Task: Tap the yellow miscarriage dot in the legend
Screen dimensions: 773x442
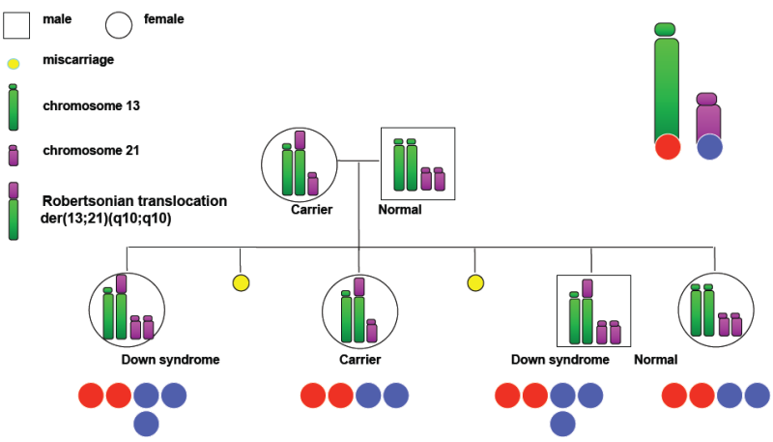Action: (14, 64)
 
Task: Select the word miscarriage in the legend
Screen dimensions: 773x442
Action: (78, 60)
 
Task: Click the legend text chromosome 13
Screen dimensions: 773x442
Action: (91, 105)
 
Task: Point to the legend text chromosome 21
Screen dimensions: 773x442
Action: (91, 150)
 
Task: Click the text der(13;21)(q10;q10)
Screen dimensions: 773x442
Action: (106, 218)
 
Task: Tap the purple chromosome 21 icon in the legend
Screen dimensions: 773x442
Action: (14, 156)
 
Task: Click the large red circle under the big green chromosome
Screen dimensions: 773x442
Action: (668, 147)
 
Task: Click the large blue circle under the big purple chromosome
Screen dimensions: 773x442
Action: (710, 147)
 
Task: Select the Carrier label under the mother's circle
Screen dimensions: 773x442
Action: (311, 210)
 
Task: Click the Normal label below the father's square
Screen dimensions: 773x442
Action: (400, 210)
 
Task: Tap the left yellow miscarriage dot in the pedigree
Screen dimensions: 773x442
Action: (241, 282)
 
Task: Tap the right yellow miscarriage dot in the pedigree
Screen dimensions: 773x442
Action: (475, 282)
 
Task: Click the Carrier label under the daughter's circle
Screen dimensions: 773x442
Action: (359, 360)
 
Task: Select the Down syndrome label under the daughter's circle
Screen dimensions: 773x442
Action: (171, 360)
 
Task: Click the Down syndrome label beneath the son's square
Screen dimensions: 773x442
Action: (560, 360)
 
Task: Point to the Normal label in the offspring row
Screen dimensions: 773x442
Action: (656, 360)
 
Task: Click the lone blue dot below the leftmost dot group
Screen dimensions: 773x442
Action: (147, 425)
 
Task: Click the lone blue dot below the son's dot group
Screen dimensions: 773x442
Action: (562, 425)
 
